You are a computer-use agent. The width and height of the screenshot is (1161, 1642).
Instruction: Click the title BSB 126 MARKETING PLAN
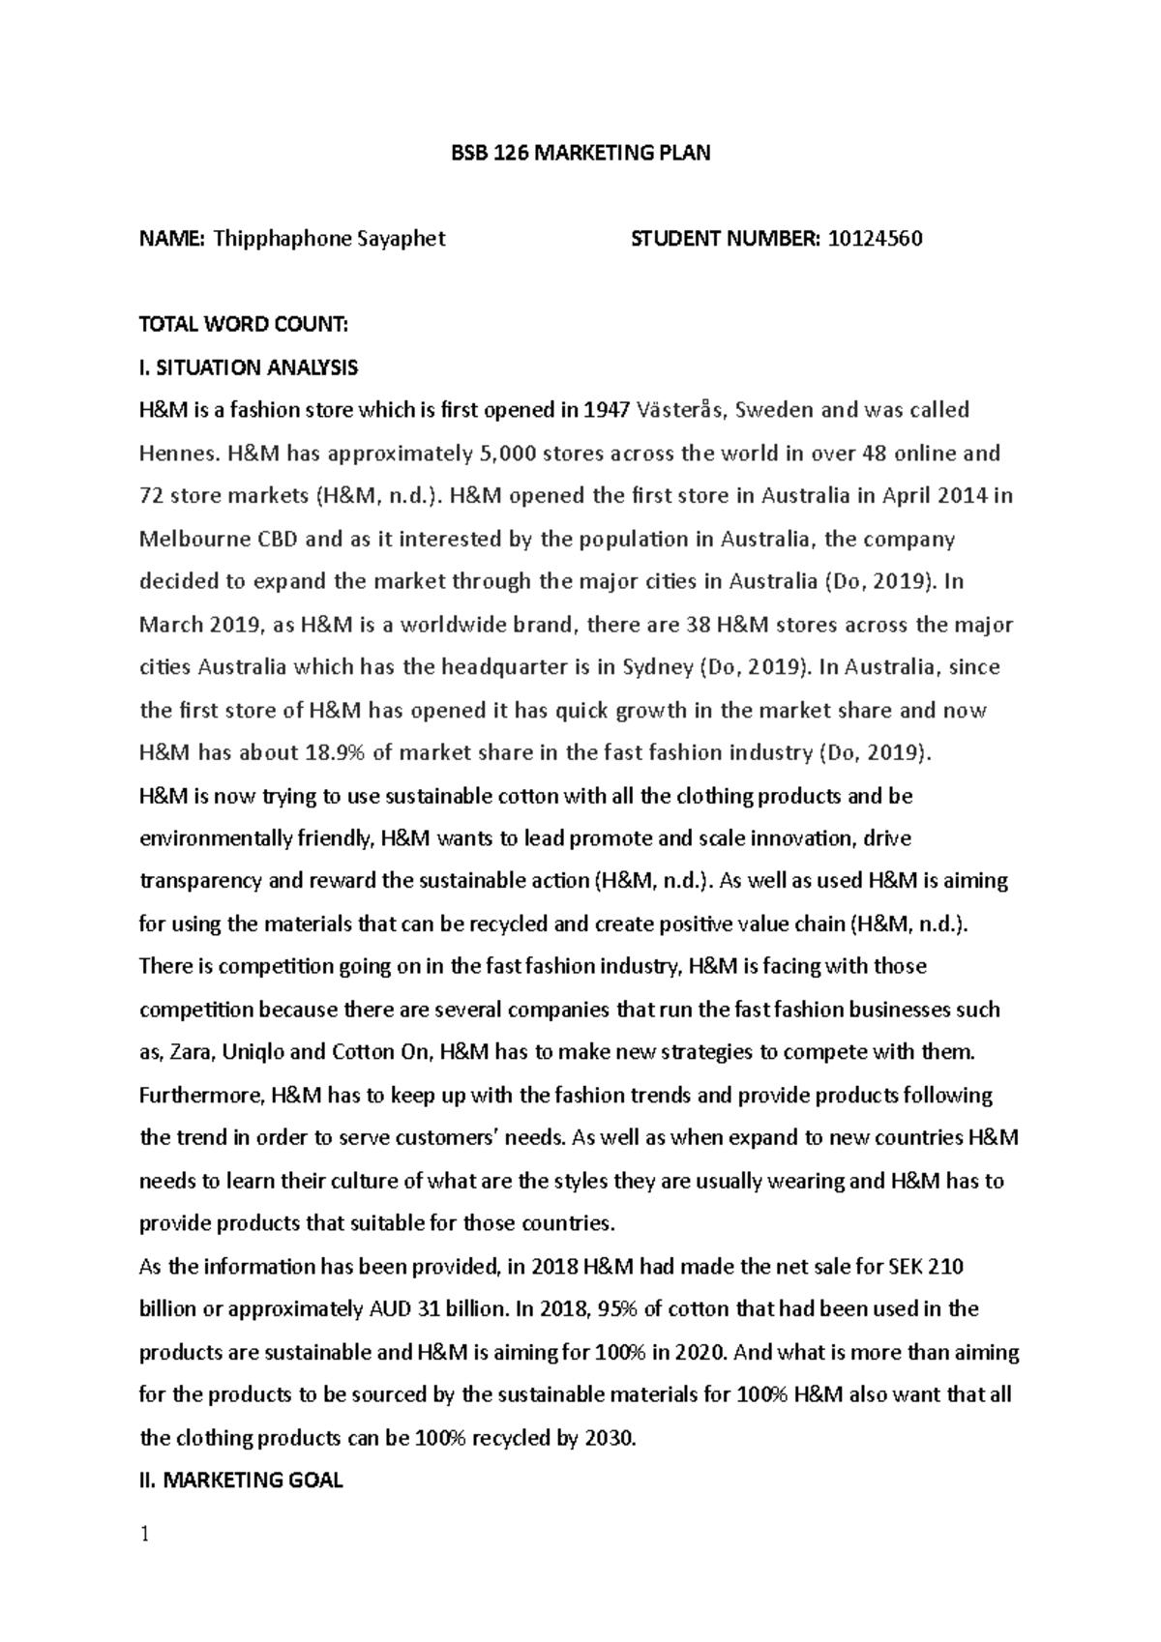point(581,153)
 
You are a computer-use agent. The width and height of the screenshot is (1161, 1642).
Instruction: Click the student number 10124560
point(875,239)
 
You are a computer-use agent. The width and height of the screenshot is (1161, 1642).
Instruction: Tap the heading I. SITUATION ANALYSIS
point(249,367)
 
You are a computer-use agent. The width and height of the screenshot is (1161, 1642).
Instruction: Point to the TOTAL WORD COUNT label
point(243,325)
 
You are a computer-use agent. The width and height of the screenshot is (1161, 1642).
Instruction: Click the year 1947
point(609,410)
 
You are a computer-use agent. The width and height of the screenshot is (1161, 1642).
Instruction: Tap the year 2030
point(610,1438)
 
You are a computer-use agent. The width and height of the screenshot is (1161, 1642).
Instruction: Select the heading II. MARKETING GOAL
point(241,1481)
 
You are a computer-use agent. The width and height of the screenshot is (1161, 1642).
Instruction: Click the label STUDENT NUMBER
point(725,239)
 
